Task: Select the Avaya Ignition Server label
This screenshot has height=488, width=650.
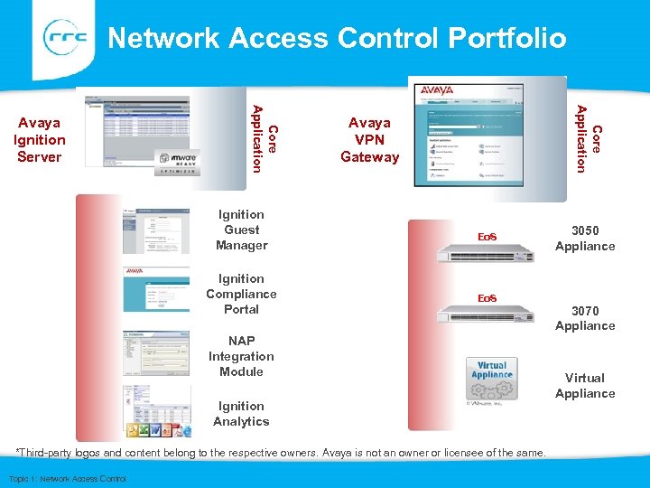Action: [x=40, y=139]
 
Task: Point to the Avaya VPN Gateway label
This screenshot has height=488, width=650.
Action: [x=369, y=139]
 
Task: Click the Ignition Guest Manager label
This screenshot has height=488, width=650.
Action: [x=241, y=230]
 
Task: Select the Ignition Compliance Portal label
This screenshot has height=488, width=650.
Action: [x=241, y=294]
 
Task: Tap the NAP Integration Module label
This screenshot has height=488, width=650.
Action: [x=241, y=356]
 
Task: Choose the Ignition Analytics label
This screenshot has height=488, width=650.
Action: [x=241, y=414]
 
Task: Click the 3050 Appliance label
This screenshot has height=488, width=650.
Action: [x=585, y=238]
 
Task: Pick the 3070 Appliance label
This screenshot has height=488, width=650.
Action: [x=585, y=317]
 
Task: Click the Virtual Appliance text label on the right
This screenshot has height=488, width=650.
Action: [x=585, y=385]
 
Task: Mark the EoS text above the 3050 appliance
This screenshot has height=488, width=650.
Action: [x=487, y=237]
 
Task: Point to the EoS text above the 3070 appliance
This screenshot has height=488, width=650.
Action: [x=487, y=298]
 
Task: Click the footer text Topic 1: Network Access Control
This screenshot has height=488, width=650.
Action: [x=67, y=478]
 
